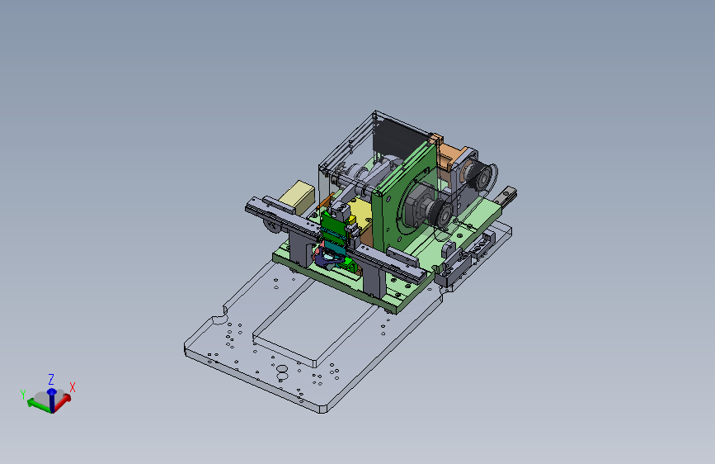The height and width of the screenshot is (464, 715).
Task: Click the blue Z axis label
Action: [x=51, y=379]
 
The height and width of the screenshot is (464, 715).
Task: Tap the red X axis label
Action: [x=72, y=388]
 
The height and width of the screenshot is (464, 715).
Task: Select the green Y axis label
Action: [x=23, y=395]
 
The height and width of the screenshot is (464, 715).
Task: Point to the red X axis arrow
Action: [x=63, y=402]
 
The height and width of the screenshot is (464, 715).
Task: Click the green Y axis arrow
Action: [x=39, y=405]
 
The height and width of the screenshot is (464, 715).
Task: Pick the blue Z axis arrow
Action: [x=51, y=400]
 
